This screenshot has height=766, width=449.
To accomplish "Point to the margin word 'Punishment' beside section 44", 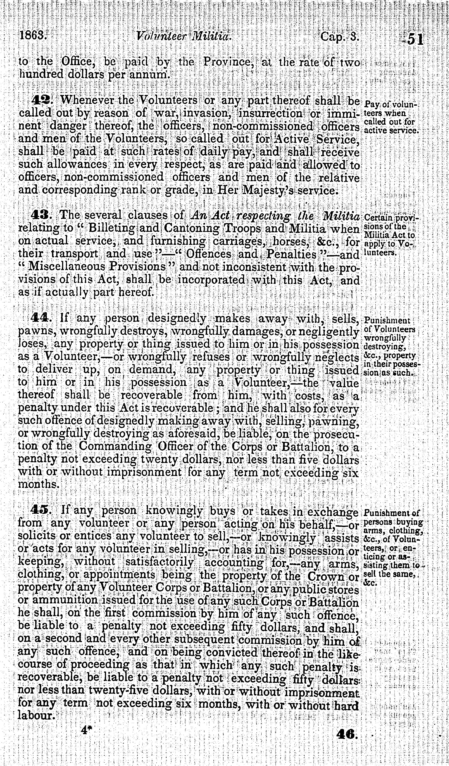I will [387, 321].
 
